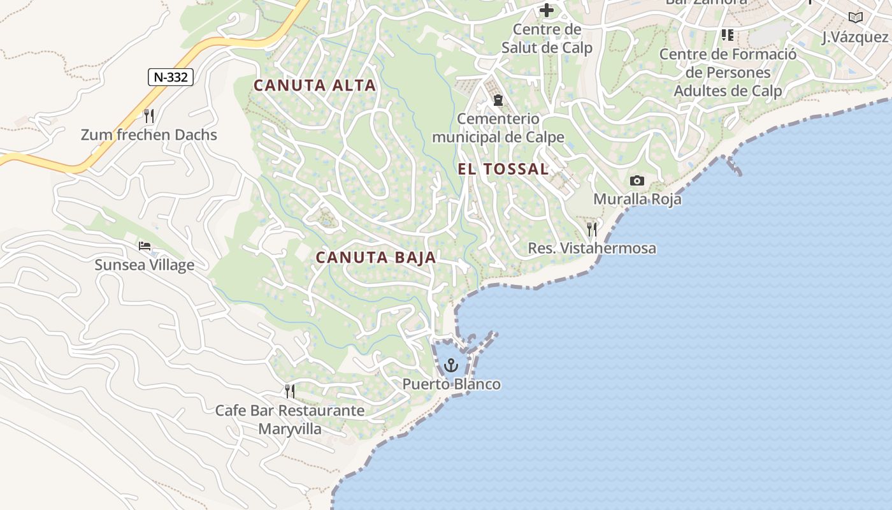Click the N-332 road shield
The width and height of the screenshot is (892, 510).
(x=171, y=77)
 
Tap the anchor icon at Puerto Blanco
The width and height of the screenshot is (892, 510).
(x=451, y=365)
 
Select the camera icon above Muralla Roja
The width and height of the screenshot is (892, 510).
(x=637, y=181)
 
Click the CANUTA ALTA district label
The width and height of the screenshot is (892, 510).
(x=315, y=85)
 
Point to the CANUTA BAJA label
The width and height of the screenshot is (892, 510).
(x=376, y=258)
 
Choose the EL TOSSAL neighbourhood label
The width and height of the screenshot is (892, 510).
(x=503, y=169)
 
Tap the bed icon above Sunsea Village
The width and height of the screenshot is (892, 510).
(x=145, y=246)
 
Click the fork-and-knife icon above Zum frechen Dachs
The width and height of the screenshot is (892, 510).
(x=149, y=115)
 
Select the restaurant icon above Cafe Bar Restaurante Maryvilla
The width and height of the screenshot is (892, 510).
(x=290, y=391)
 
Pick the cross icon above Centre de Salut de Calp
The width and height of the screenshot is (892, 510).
(x=547, y=10)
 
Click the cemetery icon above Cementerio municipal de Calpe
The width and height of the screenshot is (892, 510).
(x=498, y=100)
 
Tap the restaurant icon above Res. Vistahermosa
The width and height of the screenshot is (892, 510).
(x=592, y=229)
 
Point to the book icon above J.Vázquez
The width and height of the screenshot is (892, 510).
(x=855, y=18)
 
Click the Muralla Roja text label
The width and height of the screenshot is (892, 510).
(x=637, y=199)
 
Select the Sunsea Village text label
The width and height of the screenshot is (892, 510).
(x=145, y=265)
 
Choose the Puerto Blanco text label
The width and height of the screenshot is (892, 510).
(x=451, y=384)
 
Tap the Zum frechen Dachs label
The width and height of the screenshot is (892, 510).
(x=149, y=135)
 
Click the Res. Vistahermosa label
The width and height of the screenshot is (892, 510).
(x=592, y=248)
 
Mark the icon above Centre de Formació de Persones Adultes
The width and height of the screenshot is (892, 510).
(x=727, y=34)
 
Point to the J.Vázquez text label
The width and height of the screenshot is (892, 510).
(x=855, y=37)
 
